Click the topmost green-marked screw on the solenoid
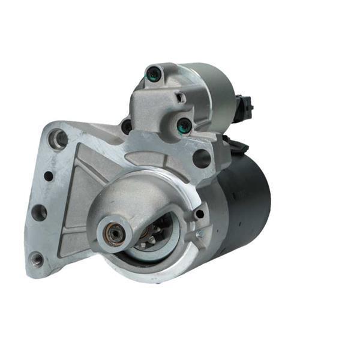point(154,75)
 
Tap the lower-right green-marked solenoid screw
point(184,125)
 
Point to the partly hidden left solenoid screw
point(127,127)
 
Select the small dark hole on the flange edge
point(49,176)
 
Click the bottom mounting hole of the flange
point(37,259)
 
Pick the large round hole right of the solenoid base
point(202,158)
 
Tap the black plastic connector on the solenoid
point(245,108)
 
